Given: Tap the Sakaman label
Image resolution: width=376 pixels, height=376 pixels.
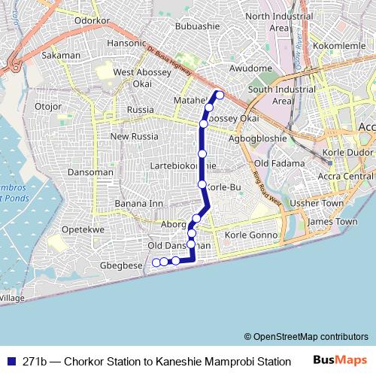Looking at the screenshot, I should (62, 55).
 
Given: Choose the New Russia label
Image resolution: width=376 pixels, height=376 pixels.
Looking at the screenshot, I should (135, 137).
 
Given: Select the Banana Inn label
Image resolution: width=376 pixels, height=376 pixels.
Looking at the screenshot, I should (138, 204).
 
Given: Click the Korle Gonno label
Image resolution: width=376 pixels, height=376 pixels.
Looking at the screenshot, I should (251, 235).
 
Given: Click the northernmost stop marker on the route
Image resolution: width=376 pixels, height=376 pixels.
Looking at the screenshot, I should (220, 95).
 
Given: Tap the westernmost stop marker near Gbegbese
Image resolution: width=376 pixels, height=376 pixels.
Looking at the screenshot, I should (156, 262).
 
